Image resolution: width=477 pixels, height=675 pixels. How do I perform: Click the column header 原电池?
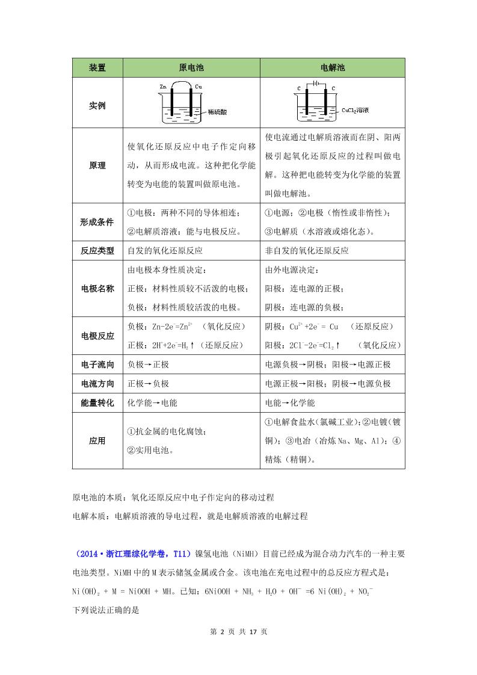[191, 68]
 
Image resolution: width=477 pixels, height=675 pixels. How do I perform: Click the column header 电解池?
[333, 68]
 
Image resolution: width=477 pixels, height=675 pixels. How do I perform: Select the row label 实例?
[97, 105]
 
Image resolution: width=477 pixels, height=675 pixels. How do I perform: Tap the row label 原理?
[97, 165]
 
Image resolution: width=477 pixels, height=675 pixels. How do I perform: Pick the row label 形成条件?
[97, 221]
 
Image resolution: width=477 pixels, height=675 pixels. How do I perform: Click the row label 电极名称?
[97, 289]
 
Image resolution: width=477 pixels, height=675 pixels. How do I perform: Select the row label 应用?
[97, 441]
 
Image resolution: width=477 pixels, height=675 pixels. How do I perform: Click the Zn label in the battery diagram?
[163, 87]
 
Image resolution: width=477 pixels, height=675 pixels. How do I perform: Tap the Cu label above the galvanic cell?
[198, 87]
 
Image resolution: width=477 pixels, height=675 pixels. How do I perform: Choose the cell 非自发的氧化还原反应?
[307, 251]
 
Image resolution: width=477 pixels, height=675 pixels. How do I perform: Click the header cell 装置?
[97, 68]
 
